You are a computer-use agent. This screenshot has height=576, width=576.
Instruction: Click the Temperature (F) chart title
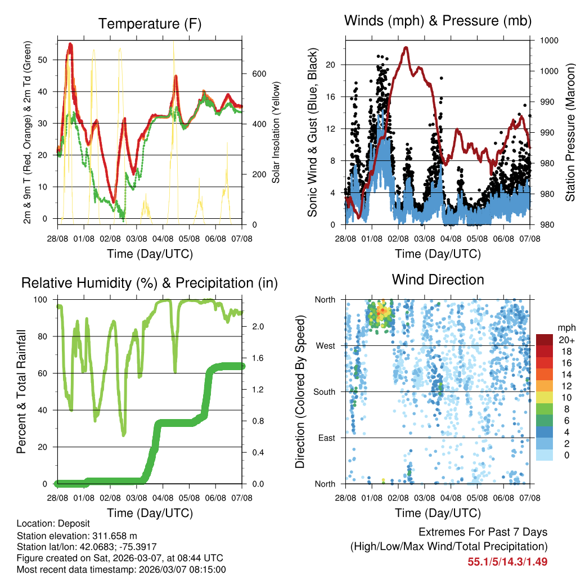pos(150,24)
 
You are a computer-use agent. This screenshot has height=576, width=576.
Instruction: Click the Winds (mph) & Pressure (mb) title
pos(438,21)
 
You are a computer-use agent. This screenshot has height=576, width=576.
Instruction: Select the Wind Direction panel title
pos(438,280)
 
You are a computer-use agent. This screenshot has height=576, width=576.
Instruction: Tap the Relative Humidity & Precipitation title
pos(150,283)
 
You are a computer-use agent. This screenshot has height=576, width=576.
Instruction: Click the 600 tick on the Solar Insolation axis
pos(258,74)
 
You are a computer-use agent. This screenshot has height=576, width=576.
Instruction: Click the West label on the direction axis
pos(325,345)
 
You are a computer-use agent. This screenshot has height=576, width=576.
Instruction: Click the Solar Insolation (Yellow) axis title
pos(276,133)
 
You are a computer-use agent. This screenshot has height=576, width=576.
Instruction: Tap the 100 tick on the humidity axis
pos(43,300)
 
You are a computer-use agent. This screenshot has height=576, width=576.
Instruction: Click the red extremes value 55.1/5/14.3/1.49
pos(507,561)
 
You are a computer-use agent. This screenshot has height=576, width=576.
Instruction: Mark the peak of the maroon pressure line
pos(406,47)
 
